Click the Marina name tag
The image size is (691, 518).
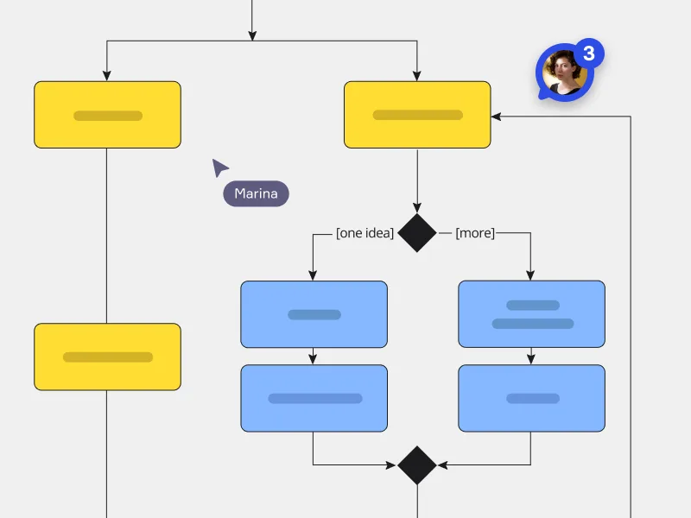256,193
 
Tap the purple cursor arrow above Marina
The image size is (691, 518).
220,167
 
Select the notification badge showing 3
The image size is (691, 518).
589,54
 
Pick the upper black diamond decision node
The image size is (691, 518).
417,233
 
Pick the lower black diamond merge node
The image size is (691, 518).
417,464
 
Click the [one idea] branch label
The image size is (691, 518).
365,233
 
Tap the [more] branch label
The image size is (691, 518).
475,233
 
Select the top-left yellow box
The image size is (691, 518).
107,115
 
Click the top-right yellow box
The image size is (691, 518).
417,115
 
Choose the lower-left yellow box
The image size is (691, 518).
107,357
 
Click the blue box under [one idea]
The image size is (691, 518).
314,314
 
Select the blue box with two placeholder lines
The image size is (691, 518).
531,314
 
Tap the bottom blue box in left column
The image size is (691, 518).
314,398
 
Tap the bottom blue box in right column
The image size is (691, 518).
531,398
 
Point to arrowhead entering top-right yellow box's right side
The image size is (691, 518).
496,116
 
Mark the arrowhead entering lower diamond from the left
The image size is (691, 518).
392,464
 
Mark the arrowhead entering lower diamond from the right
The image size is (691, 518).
442,464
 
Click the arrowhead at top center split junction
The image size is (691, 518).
252,35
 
